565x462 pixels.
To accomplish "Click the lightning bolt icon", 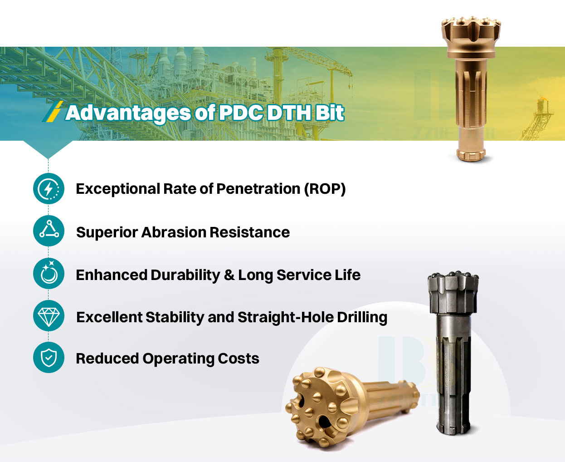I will pos(49,188).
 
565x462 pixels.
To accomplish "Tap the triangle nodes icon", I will pos(49,231).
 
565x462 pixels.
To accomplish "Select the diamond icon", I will pos(49,316).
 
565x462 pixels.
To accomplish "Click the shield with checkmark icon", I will pos(49,358).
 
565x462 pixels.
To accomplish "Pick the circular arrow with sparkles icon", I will pos(49,273).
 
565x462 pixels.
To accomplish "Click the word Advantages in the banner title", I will pos(128,113).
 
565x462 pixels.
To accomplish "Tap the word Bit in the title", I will pos(329,113).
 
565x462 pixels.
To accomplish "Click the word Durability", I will pos(185,275).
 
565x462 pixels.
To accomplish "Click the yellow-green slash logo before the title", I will pos(52,112).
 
